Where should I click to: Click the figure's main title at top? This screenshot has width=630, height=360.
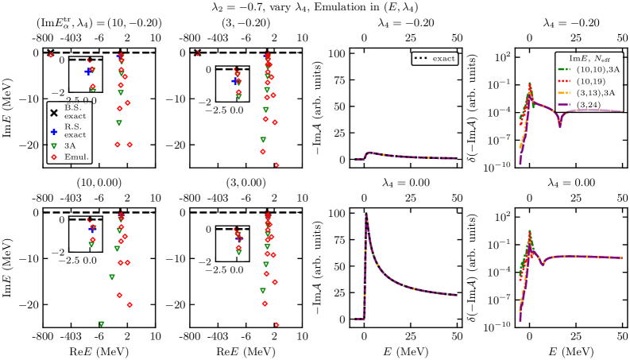[x=315, y=6]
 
